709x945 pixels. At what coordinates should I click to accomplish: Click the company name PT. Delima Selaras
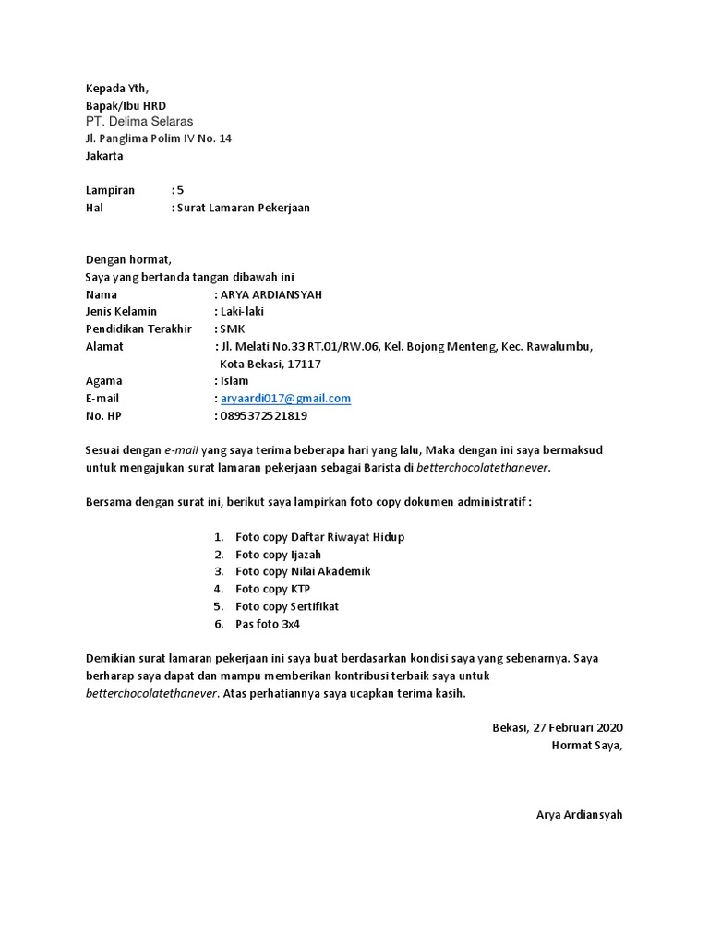click(139, 121)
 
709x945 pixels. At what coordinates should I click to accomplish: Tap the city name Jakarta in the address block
click(104, 156)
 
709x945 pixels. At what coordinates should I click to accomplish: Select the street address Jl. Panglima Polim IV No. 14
click(159, 138)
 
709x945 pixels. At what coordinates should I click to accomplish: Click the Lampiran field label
click(110, 190)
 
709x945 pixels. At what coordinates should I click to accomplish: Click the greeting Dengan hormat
click(128, 260)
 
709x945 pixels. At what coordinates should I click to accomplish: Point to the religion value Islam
click(234, 380)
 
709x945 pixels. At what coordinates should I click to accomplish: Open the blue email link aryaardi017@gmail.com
click(285, 398)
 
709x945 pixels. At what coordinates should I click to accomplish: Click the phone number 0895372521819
click(263, 415)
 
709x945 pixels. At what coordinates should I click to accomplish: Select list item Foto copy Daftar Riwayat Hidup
click(319, 536)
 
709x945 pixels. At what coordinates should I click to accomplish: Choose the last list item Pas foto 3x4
click(268, 624)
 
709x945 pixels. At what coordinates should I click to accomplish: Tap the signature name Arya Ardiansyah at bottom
click(579, 815)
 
